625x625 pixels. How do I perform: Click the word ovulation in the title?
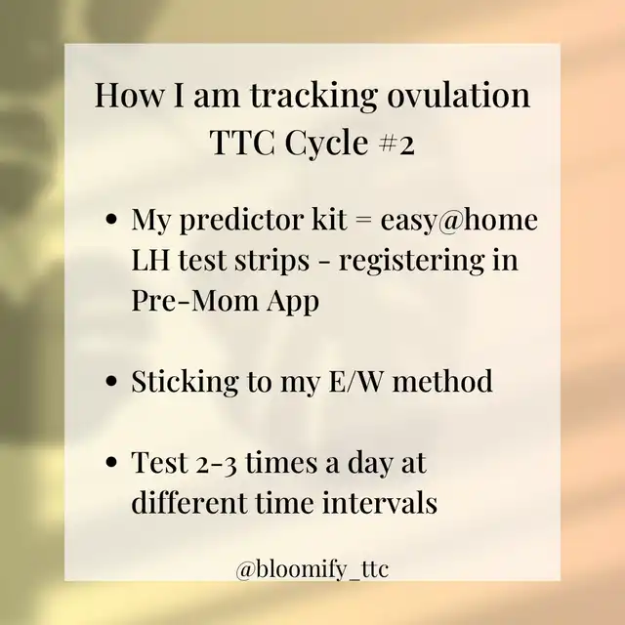click(458, 96)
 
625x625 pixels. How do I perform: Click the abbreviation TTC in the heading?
click(242, 143)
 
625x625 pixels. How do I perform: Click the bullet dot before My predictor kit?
click(112, 220)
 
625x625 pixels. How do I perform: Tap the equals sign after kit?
click(363, 221)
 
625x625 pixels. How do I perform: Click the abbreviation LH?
click(150, 261)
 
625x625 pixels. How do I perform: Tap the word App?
click(293, 303)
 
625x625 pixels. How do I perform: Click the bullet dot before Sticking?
click(112, 380)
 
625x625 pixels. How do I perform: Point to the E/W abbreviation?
click(355, 381)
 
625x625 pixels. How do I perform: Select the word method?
click(442, 380)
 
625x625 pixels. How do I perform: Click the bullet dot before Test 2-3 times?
click(112, 462)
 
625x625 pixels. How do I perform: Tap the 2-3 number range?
click(217, 465)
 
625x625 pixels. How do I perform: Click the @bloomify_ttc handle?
click(312, 568)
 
